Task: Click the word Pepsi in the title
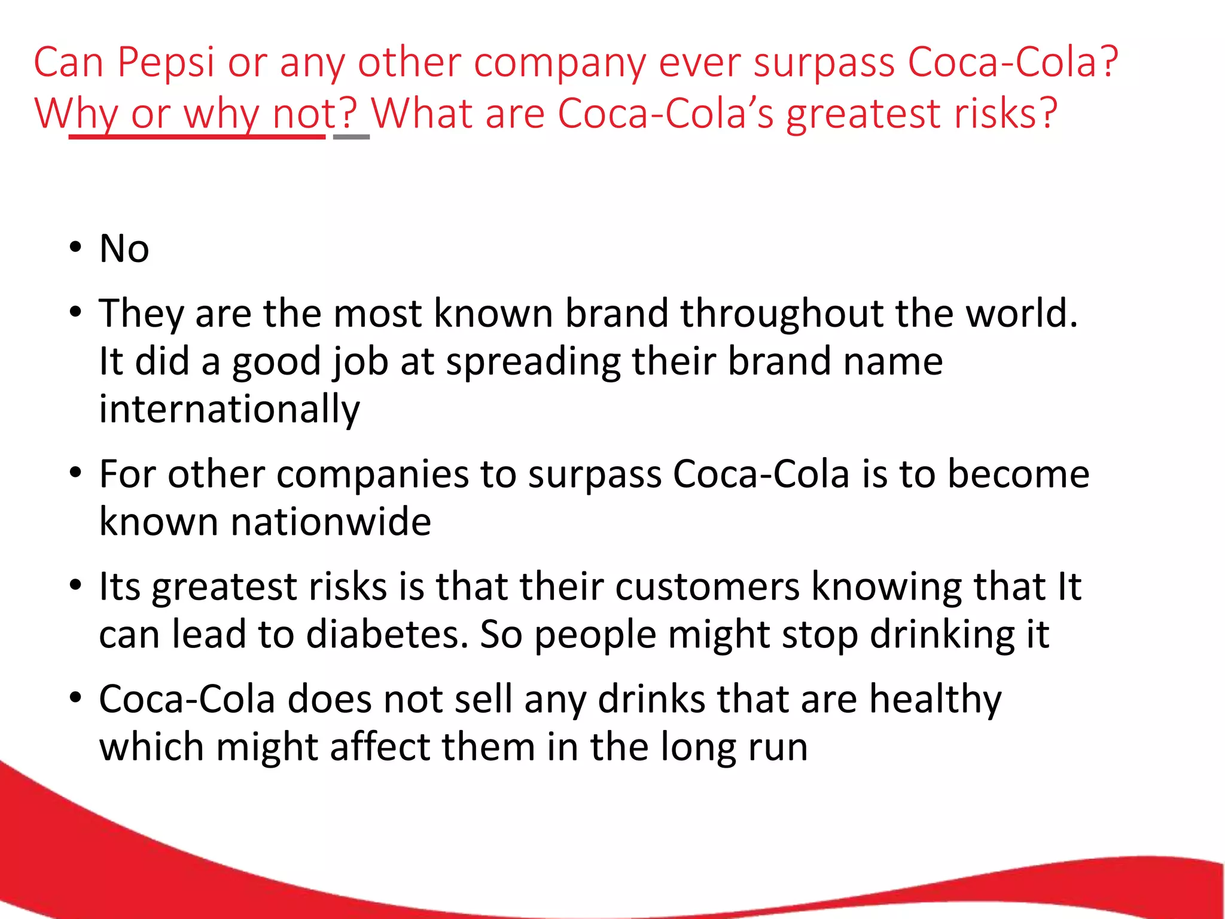tap(166, 62)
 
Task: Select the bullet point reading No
tap(124, 248)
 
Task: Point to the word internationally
tap(230, 409)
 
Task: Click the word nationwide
tap(331, 522)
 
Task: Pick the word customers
tap(707, 586)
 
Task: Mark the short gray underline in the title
tap(351, 137)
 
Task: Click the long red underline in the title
tap(197, 137)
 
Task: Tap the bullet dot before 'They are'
tap(75, 312)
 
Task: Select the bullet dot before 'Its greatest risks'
tap(75, 585)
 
